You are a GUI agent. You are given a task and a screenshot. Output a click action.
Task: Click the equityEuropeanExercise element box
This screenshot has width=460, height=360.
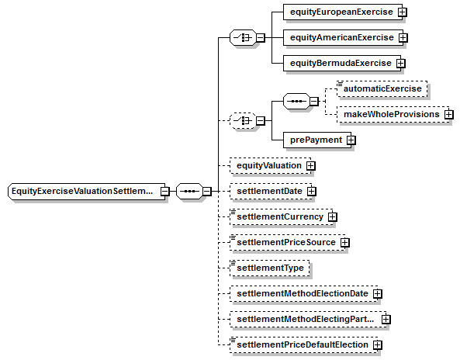(x=342, y=12)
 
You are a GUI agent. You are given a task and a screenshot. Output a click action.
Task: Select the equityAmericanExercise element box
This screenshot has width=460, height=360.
(x=343, y=37)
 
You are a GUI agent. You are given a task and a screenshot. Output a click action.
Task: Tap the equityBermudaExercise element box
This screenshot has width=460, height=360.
(x=342, y=63)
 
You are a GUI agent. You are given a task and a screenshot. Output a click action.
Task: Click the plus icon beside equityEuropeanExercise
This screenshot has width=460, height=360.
(x=402, y=12)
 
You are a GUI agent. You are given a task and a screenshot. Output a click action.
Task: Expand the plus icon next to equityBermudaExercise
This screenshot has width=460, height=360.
(x=401, y=63)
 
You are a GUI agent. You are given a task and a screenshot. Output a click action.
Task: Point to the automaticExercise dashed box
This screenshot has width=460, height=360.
(x=382, y=89)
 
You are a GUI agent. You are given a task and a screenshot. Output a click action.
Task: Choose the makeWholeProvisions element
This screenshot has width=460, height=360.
(x=393, y=114)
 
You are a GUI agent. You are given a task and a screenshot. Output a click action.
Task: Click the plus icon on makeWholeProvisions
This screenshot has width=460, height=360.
(x=449, y=114)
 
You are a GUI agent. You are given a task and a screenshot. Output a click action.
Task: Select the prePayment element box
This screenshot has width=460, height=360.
(x=317, y=140)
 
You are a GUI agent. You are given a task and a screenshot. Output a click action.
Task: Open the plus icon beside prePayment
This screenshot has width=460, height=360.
(x=351, y=140)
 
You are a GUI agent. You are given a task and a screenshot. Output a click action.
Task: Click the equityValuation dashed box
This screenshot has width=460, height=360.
(x=270, y=166)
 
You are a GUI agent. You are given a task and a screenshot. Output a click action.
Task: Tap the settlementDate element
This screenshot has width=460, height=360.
(x=271, y=192)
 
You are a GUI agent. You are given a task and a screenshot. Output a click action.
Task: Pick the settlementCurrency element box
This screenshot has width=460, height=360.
(x=282, y=216)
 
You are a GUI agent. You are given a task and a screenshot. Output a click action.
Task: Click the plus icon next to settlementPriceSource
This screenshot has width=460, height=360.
(x=345, y=243)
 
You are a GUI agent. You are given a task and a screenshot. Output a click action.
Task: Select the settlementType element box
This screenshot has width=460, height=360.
(x=270, y=268)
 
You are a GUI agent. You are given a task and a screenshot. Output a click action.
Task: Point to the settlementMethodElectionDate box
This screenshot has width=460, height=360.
(x=303, y=294)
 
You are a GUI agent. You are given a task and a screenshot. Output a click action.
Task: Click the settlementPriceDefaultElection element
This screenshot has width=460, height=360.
(x=303, y=345)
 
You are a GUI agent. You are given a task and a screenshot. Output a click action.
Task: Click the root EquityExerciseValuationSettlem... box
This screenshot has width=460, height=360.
(x=87, y=192)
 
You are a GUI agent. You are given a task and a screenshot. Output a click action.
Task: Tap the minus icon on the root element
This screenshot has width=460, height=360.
(x=165, y=192)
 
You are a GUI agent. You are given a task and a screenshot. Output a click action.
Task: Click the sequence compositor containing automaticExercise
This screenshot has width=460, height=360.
(x=296, y=102)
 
